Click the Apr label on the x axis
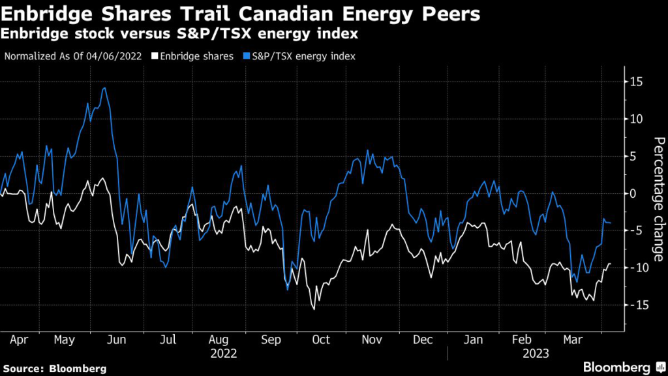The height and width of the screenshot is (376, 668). click(x=19, y=340)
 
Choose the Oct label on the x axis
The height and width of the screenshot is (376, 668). click(x=321, y=340)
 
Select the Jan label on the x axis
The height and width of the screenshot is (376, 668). click(x=473, y=340)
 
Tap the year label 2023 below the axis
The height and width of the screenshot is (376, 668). click(x=535, y=353)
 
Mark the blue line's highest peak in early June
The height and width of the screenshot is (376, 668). click(x=104, y=87)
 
